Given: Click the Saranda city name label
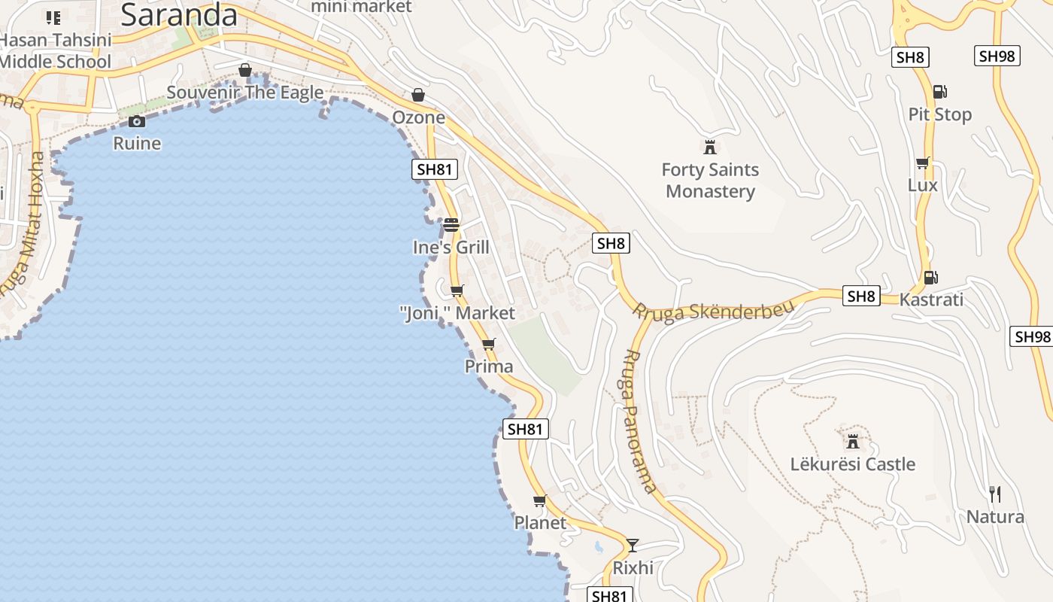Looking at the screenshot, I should pos(178,14).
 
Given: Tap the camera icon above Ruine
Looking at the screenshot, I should pos(137,121).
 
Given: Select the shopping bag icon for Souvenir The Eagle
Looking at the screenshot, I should pos(245,70).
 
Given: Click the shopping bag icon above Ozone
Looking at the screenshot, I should pos(418,95).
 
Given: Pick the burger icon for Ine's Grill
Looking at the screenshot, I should pos(451,224).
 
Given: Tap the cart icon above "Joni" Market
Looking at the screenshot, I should pos(457,290).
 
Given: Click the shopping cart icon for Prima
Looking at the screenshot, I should pos(489,345).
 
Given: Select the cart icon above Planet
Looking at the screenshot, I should pos(539,500).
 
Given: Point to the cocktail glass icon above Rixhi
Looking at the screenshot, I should pos(633,545).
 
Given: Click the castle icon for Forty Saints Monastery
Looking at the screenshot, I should pos(709,147).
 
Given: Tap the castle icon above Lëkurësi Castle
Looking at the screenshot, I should pos(852,441).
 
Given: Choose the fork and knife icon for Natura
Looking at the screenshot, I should pos(995,494).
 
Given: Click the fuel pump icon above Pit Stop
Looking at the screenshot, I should pos(939,92).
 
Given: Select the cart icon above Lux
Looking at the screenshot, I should pos(923,163).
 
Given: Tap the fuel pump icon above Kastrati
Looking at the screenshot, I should pos(930,277).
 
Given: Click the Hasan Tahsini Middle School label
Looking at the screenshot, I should pos(56,50).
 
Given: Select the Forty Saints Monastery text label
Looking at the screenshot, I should pos(710,181).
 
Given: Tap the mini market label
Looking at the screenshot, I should pos(361,7).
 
